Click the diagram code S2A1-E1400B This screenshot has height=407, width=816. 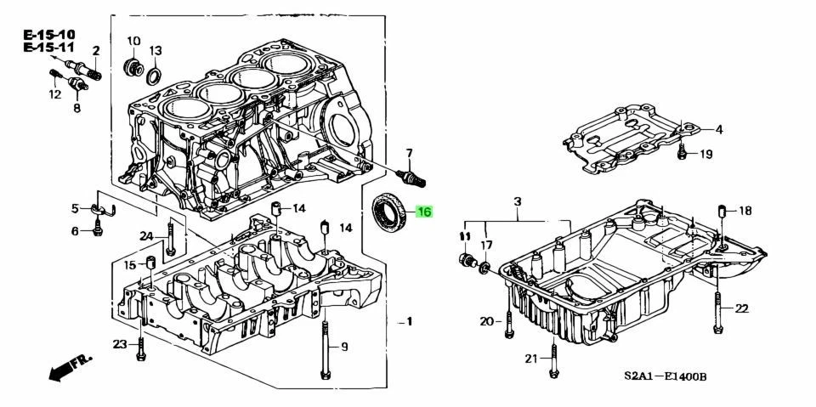coord(666,376)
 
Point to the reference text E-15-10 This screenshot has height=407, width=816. coord(49,34)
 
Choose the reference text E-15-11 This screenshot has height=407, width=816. coord(49,48)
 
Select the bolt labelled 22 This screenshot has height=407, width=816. coord(718,310)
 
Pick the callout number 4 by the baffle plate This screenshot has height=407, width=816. coord(718,129)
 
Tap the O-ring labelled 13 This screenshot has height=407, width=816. coord(154,76)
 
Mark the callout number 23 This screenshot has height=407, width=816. coord(120,344)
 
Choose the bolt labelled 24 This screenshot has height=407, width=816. coord(171,238)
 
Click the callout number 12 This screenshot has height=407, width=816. coord(55,94)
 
